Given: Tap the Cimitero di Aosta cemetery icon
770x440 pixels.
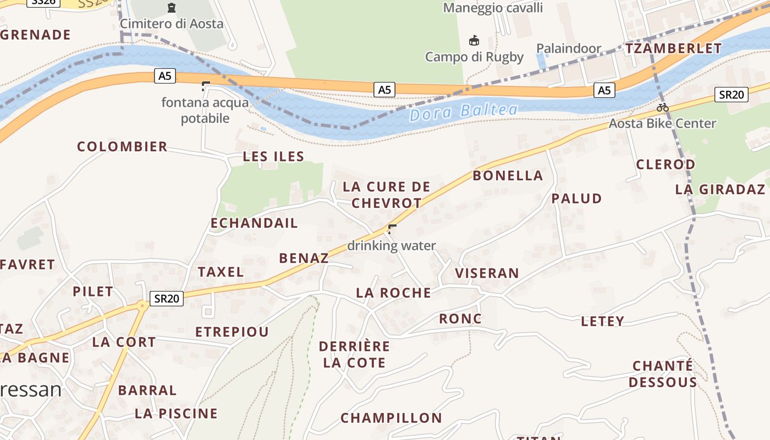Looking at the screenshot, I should tap(172, 8).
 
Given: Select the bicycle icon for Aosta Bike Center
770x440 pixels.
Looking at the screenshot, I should tap(663, 107).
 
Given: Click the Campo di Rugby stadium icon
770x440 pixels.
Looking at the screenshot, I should tap(474, 41).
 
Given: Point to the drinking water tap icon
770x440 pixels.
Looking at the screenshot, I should tap(392, 229).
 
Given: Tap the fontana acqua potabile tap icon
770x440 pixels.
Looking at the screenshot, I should tap(206, 86).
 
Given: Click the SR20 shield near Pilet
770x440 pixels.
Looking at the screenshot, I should tap(167, 299).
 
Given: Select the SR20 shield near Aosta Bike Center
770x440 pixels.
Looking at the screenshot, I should tap(732, 95).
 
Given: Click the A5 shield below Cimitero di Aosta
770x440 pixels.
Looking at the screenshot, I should tap(165, 76).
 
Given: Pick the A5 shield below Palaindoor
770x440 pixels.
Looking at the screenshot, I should tap(604, 90).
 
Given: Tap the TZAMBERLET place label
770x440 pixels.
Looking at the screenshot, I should tap(673, 48).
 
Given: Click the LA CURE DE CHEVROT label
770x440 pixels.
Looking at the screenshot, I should tap(386, 195).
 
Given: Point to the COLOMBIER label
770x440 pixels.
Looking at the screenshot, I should tap(122, 147).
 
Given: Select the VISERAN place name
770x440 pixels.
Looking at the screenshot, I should tap(487, 273).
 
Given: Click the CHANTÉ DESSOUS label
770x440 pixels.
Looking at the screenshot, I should tap(663, 374).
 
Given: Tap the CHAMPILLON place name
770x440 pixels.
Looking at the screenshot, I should tap(391, 418).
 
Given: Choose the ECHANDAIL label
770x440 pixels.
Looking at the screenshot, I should tap(254, 223).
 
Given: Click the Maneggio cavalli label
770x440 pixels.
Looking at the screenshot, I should tap(493, 8).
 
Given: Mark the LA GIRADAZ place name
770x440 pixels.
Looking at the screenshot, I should tap(720, 190).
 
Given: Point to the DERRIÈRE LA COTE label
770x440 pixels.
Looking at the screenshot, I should tap(354, 355).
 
